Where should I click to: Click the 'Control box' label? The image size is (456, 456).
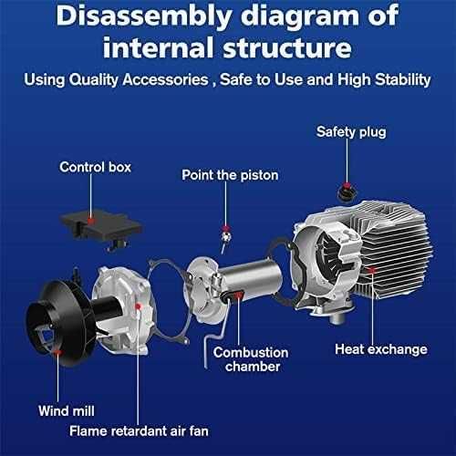95,167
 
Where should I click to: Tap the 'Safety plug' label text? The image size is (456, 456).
351,132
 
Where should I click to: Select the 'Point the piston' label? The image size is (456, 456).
230,175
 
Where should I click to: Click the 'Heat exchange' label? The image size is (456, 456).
381,349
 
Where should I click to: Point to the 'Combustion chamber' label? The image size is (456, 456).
251,359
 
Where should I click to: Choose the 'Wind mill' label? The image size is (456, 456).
67,411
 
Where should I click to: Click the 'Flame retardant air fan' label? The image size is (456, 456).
139,431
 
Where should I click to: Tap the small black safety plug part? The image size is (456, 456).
347,192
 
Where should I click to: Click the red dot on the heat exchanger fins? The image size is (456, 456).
372,270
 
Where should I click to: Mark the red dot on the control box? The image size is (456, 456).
90,221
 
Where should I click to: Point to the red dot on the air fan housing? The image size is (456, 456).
138,306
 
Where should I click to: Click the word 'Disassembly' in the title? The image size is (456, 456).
144,16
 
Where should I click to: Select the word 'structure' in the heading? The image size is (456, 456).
287,48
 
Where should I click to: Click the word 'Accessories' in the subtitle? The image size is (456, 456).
165,80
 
